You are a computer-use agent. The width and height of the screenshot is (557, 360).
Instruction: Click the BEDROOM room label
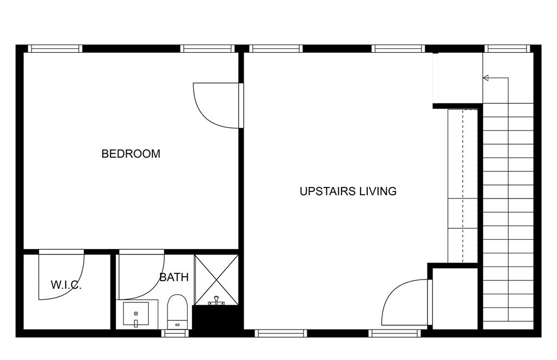(x=131, y=154)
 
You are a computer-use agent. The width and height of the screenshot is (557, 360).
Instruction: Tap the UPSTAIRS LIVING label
(x=348, y=191)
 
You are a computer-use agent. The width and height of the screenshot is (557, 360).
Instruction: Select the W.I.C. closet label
(x=66, y=285)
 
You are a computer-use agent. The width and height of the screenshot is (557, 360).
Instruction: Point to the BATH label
(x=174, y=277)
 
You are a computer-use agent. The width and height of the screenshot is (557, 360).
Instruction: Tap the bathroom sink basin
(x=135, y=314)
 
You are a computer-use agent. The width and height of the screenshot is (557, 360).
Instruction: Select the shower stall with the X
(x=216, y=279)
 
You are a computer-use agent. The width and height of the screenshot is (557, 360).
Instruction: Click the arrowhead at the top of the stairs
(x=486, y=78)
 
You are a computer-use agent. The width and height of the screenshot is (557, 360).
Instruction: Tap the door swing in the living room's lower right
(x=403, y=305)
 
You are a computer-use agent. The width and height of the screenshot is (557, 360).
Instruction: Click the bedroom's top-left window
(x=54, y=48)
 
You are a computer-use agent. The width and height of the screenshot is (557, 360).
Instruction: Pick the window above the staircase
(x=508, y=48)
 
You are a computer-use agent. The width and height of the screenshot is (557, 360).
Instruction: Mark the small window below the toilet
(x=176, y=333)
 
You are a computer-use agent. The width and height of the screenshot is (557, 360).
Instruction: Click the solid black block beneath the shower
(x=216, y=319)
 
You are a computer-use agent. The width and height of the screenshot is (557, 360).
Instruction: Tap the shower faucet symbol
(x=216, y=301)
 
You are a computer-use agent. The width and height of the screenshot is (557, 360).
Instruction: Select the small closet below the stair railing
(x=455, y=297)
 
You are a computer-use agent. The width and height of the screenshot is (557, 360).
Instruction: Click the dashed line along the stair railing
(x=463, y=185)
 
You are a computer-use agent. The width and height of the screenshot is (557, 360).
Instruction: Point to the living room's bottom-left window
(x=281, y=333)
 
